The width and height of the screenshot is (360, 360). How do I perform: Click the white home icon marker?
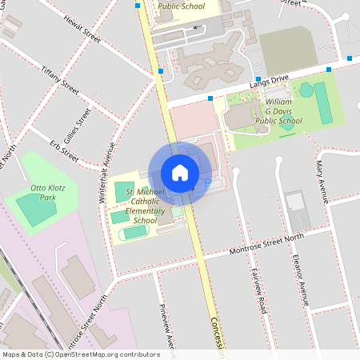[180, 172]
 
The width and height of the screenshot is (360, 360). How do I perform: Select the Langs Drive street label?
[267, 80]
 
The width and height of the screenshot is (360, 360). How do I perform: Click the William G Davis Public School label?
[278, 112]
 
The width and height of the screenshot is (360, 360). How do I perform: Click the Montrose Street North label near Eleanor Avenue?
[267, 244]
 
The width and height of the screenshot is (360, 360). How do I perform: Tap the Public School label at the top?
[181, 6]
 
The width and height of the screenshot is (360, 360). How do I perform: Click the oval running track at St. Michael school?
[134, 232]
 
